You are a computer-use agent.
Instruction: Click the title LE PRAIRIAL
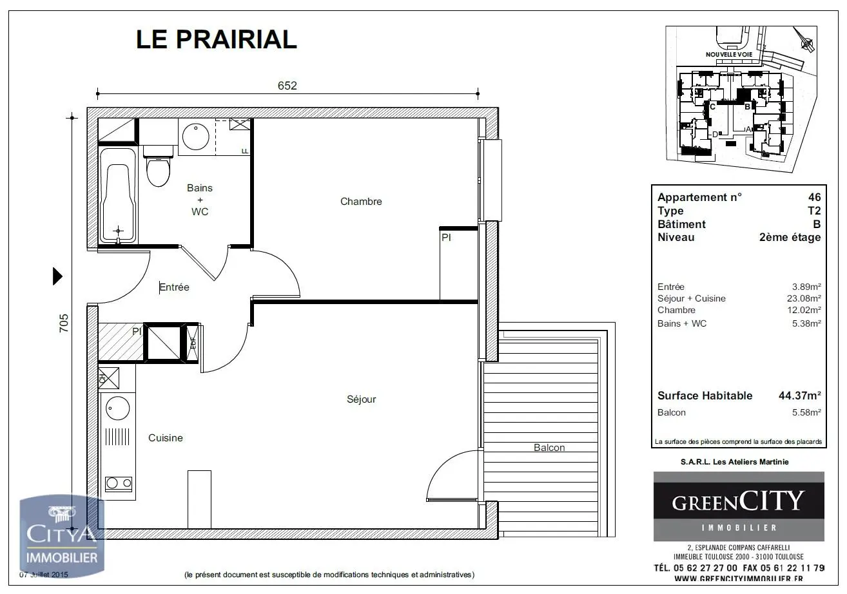click(216, 39)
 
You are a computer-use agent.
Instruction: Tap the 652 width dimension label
click(287, 86)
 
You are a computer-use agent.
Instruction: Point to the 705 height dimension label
click(63, 322)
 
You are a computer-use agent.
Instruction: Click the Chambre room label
click(361, 202)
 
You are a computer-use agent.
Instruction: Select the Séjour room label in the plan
click(361, 399)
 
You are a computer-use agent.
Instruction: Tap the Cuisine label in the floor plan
click(166, 438)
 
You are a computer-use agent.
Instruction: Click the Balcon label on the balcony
click(549, 448)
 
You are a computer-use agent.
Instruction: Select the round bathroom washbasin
click(195, 136)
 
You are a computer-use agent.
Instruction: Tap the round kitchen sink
click(117, 408)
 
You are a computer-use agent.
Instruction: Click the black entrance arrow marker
click(57, 276)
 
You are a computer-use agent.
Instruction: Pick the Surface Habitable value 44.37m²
click(799, 396)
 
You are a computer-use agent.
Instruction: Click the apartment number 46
click(814, 197)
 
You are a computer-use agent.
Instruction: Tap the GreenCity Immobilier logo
click(739, 506)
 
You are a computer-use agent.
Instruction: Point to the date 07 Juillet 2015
click(44, 574)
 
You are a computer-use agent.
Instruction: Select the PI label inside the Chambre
click(446, 238)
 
